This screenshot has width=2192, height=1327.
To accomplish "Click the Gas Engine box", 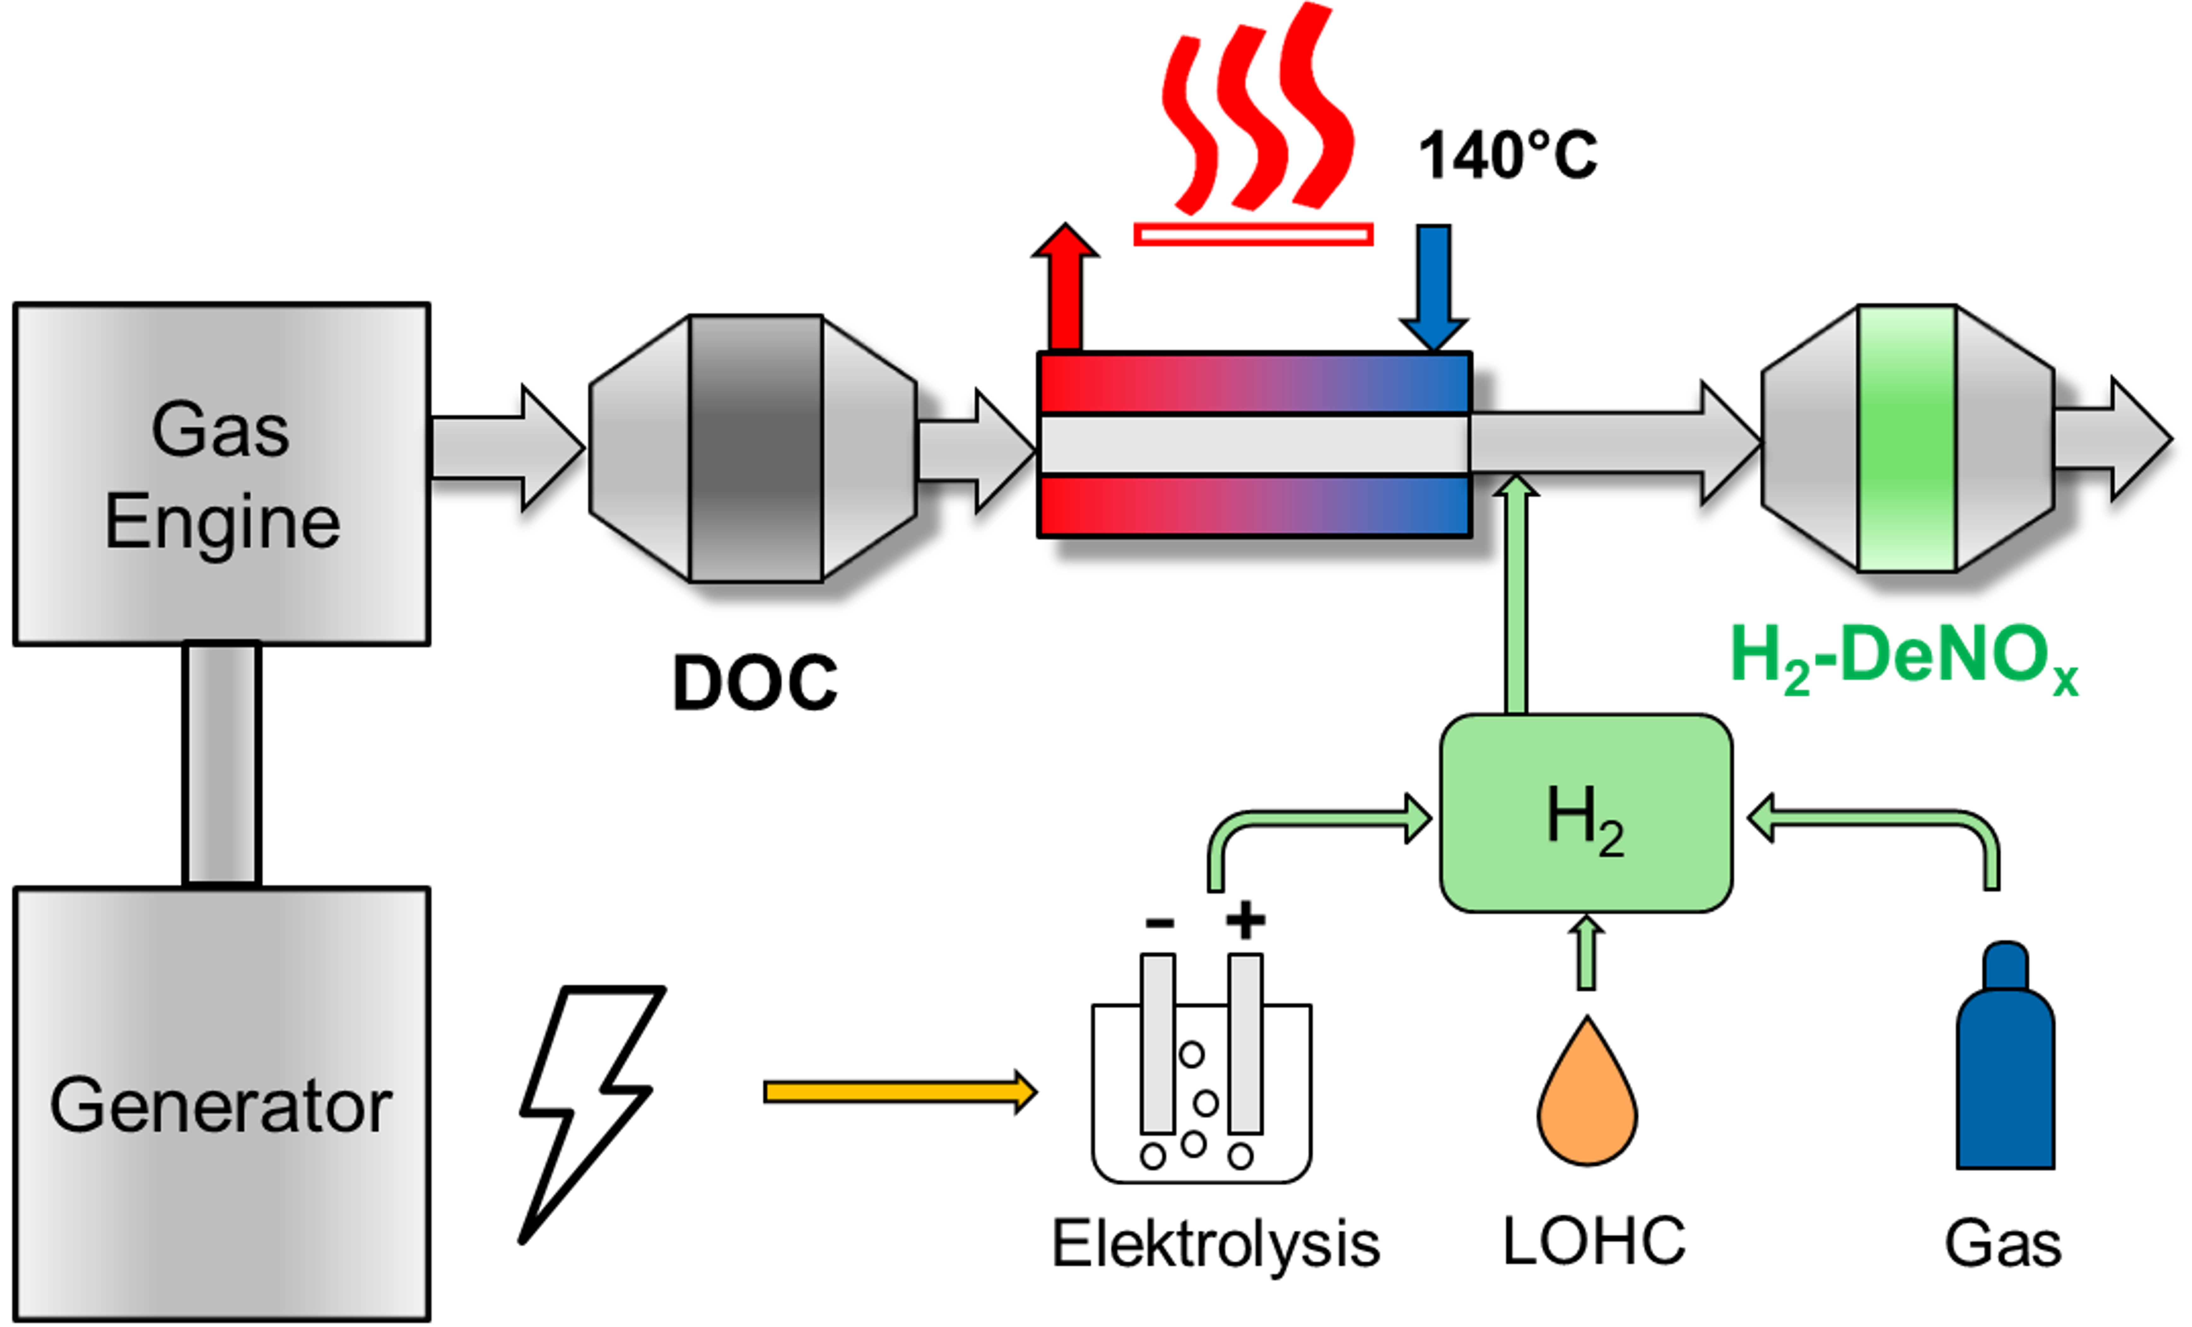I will click(x=221, y=474).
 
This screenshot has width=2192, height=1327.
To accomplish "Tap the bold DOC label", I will click(x=755, y=683).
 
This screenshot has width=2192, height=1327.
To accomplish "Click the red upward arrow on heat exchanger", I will click(x=1065, y=289).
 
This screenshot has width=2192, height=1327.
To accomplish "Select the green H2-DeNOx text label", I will click(x=1904, y=658).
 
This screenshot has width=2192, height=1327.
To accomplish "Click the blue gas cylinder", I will click(x=2005, y=1067).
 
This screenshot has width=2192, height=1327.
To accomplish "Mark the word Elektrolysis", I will click(x=1215, y=1243).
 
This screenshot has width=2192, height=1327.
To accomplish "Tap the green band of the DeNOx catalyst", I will click(x=1907, y=438).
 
